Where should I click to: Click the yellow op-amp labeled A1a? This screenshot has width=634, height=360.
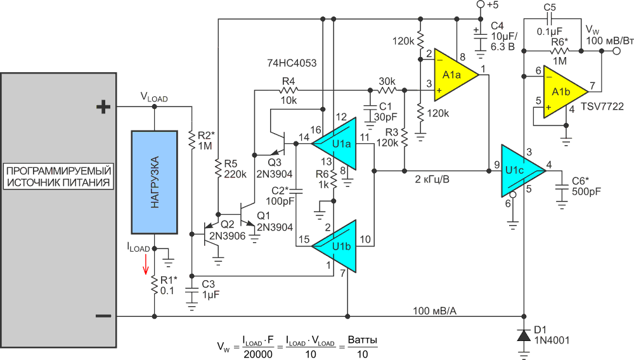[453, 75]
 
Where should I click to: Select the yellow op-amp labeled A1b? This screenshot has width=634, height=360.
[562, 92]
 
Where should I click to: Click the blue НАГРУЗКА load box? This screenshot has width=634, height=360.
[155, 183]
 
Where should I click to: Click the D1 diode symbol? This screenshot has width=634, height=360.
[524, 335]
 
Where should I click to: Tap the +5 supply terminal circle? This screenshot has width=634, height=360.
[481, 4]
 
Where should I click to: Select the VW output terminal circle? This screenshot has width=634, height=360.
[617, 51]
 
